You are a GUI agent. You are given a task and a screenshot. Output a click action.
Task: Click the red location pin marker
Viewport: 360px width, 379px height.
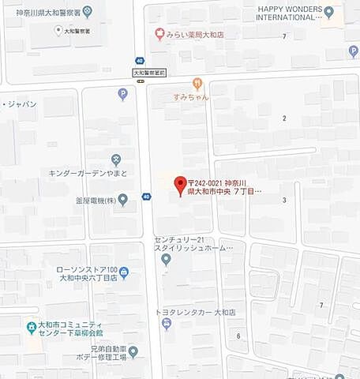[x=179, y=183]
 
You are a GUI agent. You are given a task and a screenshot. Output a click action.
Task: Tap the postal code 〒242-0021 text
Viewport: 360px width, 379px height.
[x=208, y=182]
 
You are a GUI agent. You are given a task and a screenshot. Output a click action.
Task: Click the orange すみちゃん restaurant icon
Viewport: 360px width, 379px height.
[x=197, y=83]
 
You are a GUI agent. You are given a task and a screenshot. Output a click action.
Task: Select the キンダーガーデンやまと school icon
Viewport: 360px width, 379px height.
[x=116, y=159]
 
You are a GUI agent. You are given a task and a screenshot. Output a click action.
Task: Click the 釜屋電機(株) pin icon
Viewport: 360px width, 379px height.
[x=122, y=201]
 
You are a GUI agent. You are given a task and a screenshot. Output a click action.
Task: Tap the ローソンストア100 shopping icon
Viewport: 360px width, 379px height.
[x=124, y=272]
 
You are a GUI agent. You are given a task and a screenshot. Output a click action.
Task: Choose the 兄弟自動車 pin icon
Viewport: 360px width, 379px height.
[x=133, y=351]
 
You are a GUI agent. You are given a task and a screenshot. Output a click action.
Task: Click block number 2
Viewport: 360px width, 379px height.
[x=284, y=118]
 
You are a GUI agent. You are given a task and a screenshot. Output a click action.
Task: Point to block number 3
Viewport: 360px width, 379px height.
[x=284, y=200]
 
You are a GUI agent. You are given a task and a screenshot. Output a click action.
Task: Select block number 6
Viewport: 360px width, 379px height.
[x=238, y=336]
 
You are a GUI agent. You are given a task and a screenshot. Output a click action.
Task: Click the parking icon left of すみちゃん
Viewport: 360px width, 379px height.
[x=122, y=95]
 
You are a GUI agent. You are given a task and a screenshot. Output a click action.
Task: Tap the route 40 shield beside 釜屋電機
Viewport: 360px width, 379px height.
[x=147, y=197]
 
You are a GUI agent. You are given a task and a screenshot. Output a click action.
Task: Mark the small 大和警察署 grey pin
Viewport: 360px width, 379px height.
[x=58, y=30]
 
